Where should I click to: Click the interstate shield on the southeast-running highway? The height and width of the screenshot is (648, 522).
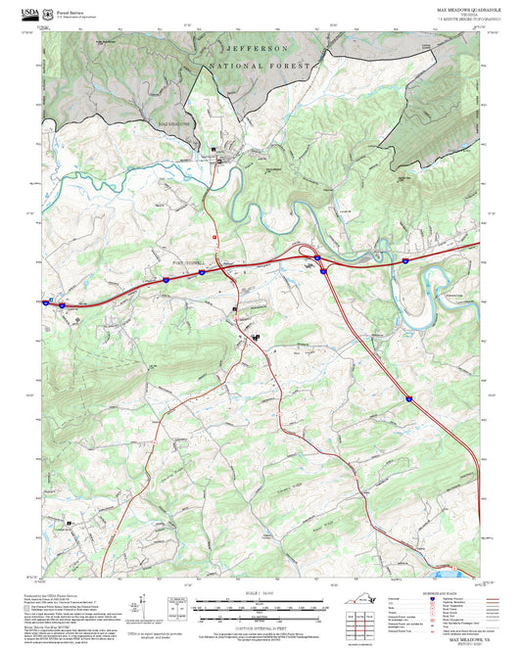click(407, 397)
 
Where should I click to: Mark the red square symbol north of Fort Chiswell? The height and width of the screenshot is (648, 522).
click(214, 237)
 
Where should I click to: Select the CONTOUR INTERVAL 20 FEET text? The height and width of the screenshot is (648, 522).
click(260, 623)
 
